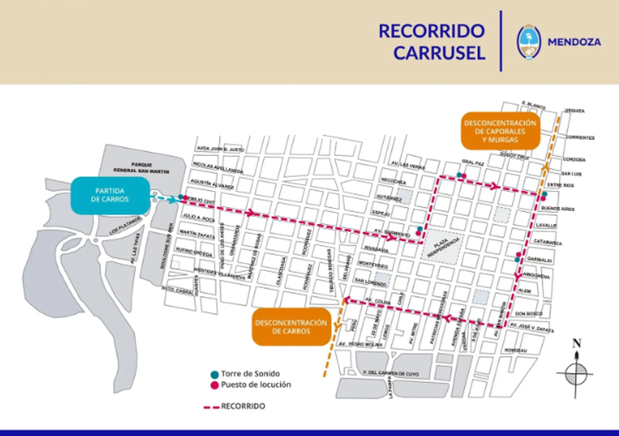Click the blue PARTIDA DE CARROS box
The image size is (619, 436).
pos(111,196)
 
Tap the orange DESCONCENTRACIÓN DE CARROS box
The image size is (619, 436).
pos(290,328)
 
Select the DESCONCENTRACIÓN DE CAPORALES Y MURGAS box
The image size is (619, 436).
pos(499,131)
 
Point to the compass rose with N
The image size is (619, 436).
pos(576,370)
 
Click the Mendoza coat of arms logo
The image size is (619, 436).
pos(529,42)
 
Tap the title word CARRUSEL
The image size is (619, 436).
pos(439,53)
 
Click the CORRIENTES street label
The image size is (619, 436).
pos(580,137)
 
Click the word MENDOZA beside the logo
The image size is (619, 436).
pos(574,42)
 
